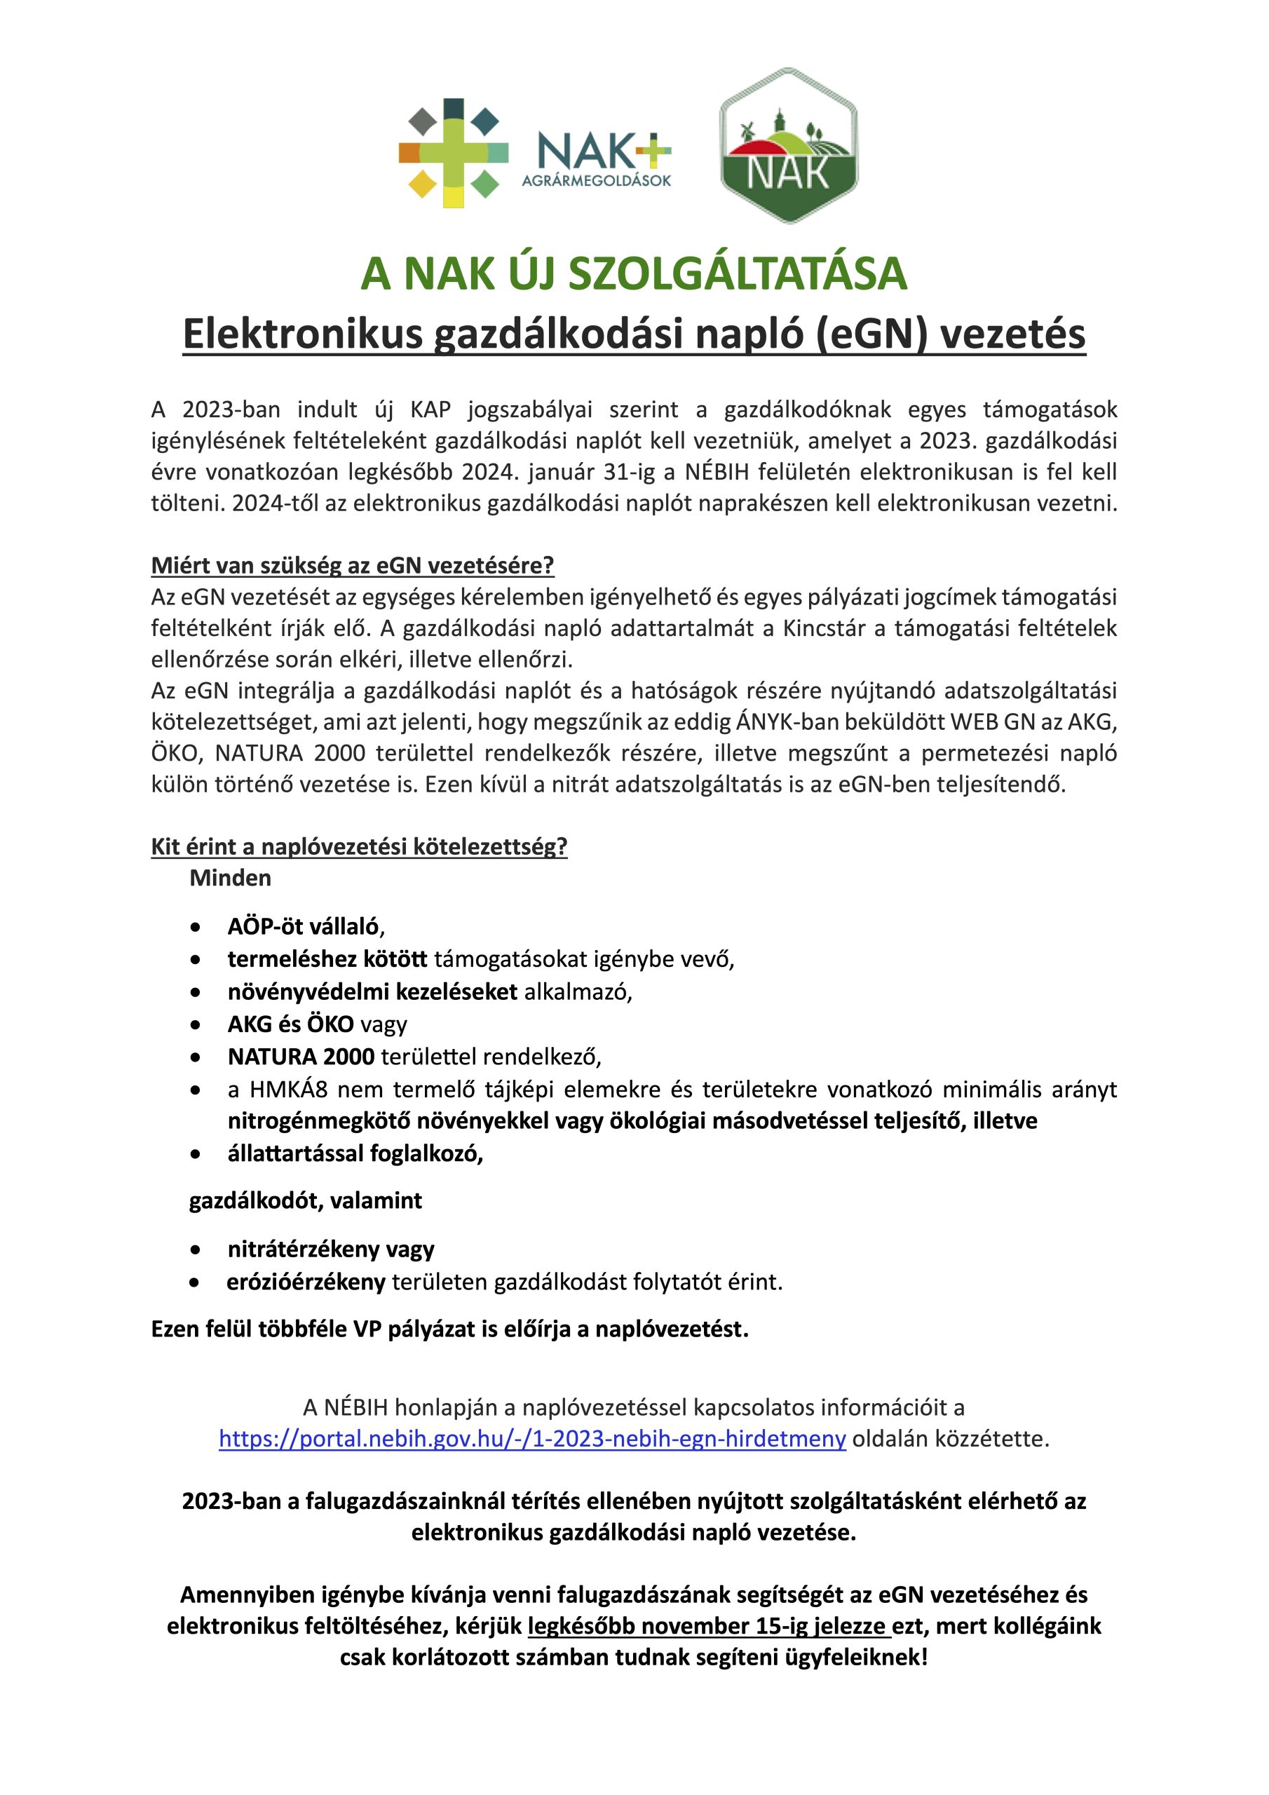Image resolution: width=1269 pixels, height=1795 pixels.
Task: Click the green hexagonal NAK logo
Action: (788, 147)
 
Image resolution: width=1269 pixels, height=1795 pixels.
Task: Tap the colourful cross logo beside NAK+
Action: (454, 154)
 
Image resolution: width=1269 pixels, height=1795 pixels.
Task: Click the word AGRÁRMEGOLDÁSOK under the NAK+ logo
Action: (597, 182)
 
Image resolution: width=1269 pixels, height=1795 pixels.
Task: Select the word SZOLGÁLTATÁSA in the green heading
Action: (738, 273)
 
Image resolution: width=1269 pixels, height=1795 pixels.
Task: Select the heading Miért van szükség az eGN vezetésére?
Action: (353, 565)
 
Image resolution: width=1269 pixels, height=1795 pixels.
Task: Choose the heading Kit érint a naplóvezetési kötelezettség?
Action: (359, 847)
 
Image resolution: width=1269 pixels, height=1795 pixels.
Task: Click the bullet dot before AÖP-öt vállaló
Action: (196, 928)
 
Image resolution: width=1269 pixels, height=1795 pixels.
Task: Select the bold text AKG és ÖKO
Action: (291, 1024)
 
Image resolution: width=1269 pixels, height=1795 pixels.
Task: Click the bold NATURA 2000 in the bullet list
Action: (301, 1057)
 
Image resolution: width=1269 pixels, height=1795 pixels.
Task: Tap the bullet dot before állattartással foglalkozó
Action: (196, 1155)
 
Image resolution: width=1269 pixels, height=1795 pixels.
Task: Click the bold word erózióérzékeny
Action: (306, 1282)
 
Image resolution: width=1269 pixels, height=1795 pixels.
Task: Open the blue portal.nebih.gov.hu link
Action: (532, 1440)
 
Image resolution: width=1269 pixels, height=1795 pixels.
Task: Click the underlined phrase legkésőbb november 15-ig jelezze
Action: (707, 1627)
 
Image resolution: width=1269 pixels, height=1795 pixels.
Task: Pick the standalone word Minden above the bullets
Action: (230, 879)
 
